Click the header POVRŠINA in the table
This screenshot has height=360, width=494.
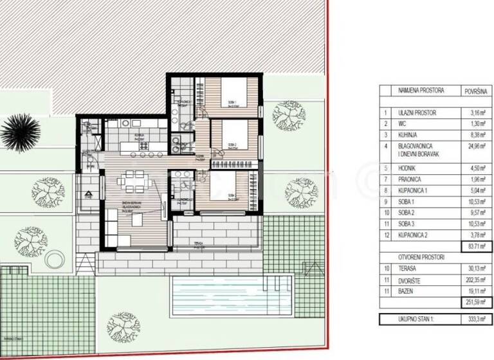[x=475, y=91]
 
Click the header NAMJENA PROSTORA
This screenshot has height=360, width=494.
[x=421, y=91]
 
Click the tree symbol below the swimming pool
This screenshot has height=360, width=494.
[x=123, y=324]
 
